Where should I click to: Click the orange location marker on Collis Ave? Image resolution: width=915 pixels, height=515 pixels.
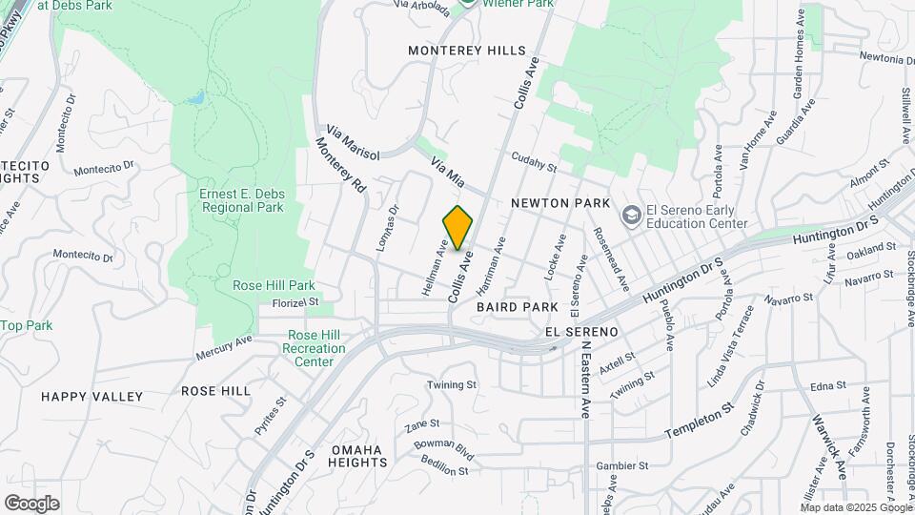pyautogui.click(x=458, y=227)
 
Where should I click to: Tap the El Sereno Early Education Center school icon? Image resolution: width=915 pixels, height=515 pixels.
pyautogui.click(x=630, y=216)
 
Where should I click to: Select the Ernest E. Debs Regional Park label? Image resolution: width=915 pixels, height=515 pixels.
pyautogui.click(x=242, y=200)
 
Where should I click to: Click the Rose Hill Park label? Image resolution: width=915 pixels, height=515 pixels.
pyautogui.click(x=274, y=285)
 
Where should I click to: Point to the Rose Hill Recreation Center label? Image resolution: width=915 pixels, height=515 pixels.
pyautogui.click(x=314, y=349)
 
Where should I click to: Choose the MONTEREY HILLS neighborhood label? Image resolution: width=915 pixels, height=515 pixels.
pyautogui.click(x=466, y=50)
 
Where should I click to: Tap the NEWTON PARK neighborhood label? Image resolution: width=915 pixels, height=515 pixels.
pyautogui.click(x=559, y=203)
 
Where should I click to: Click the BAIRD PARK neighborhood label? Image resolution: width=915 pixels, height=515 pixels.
pyautogui.click(x=517, y=307)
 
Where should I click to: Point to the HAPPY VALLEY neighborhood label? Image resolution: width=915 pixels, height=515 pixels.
pyautogui.click(x=91, y=396)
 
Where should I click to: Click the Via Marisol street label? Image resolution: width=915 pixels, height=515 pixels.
pyautogui.click(x=353, y=141)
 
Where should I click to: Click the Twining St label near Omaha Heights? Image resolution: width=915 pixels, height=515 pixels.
pyautogui.click(x=451, y=384)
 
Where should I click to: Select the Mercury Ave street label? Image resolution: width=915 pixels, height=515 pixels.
pyautogui.click(x=224, y=347)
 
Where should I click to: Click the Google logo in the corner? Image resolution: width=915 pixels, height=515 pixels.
pyautogui.click(x=31, y=504)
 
